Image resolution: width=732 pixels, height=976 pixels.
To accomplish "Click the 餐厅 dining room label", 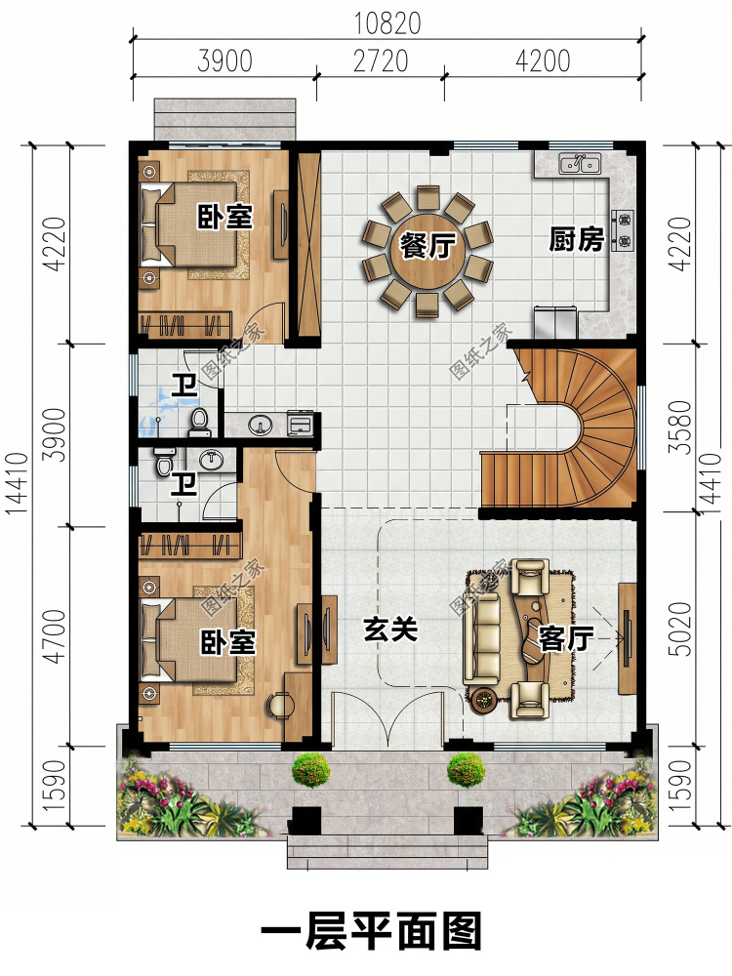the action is [x=427, y=246].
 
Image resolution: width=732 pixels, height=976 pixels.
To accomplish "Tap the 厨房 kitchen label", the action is [x=577, y=239].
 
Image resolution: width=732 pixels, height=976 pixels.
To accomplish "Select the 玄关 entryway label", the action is [x=390, y=630].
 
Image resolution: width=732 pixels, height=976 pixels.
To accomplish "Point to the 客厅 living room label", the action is [x=566, y=638].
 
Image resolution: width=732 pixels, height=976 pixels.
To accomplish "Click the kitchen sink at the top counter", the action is [x=580, y=164].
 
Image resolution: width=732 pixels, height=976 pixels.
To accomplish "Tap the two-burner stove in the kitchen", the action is [x=623, y=228].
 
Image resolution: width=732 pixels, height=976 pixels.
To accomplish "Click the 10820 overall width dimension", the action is [x=387, y=23].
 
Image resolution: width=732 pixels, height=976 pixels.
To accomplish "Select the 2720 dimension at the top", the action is [x=381, y=61].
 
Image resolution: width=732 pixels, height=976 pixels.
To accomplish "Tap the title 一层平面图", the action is [x=371, y=932].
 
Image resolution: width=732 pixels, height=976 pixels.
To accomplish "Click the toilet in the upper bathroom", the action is [x=198, y=422].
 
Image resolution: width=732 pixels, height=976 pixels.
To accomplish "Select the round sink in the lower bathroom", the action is [x=212, y=460].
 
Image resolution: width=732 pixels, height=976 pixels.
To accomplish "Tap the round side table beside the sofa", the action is [x=484, y=700].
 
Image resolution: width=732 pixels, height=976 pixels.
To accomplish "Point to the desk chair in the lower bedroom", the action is [x=279, y=705].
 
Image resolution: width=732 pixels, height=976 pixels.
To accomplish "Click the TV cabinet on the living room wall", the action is [x=627, y=638].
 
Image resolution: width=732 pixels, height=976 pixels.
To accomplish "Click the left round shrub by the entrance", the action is [x=310, y=770].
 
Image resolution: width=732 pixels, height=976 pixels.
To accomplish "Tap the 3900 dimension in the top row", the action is [x=224, y=61].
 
